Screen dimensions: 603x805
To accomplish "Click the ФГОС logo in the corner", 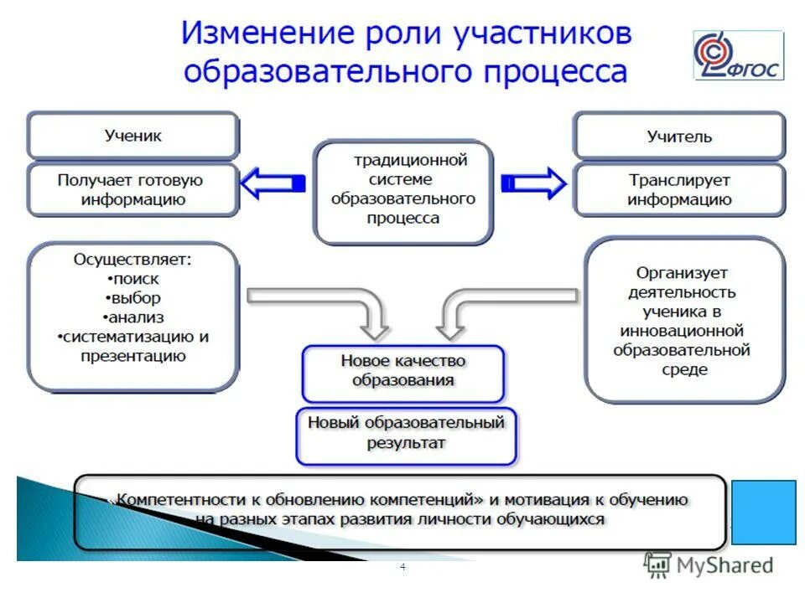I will (738, 55).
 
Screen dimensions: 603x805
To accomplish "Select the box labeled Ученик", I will (133, 136).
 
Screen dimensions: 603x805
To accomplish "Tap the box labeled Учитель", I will (679, 137).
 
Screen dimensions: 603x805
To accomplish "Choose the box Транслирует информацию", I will (679, 190).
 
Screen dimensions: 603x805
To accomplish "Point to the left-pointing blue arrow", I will (273, 183).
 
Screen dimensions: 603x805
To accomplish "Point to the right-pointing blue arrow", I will (533, 183).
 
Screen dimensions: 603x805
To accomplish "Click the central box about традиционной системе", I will (403, 192).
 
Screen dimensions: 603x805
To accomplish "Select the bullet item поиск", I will (134, 279).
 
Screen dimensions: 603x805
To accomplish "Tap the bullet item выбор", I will (134, 298).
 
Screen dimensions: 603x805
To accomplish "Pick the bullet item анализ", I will (134, 317).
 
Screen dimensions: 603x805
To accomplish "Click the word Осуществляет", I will (132, 260).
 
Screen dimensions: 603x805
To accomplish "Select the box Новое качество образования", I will (403, 371).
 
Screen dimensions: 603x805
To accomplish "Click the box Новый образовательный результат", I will (406, 433).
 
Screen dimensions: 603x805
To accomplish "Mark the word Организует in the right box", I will (681, 273).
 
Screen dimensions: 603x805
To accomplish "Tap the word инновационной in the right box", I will (681, 331).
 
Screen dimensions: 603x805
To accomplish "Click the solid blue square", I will (763, 513).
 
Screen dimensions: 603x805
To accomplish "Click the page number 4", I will (402, 568).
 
